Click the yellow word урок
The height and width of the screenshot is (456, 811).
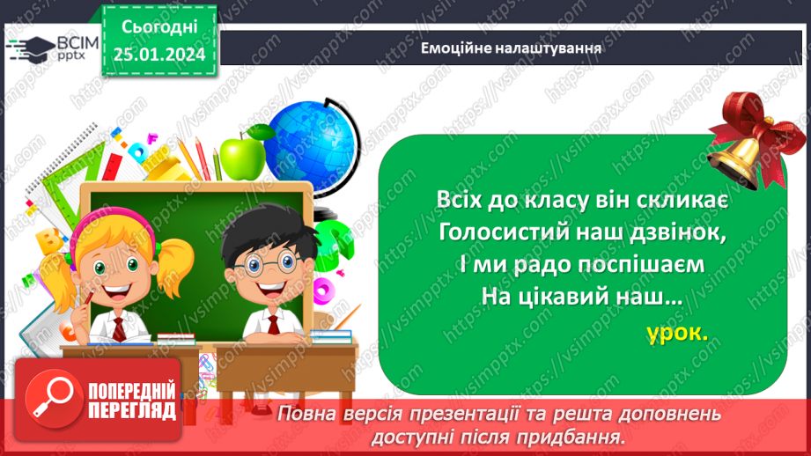676,334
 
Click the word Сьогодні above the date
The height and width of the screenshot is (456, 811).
159,29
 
